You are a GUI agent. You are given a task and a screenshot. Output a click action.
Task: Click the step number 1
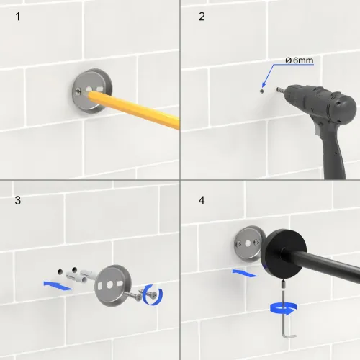[18, 17]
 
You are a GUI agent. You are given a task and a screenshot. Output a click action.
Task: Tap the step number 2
[202, 17]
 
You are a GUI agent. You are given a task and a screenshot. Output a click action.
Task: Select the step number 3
[18, 200]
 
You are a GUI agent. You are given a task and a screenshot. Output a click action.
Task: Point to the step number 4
[202, 200]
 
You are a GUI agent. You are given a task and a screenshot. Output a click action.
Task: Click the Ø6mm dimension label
[300, 60]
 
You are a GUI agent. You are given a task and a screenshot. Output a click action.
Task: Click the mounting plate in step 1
[92, 91]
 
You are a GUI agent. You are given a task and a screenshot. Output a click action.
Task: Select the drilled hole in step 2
[262, 91]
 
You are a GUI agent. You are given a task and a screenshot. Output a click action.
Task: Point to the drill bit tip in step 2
[277, 89]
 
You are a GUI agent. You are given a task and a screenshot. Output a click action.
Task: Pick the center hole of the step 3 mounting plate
[109, 285]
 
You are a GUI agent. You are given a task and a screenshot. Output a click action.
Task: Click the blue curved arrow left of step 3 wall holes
[58, 286]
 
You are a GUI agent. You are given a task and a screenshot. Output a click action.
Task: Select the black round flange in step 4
[286, 254]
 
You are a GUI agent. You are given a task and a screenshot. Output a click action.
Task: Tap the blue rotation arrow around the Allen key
[284, 308]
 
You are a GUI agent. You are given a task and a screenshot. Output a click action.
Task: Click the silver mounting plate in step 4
[248, 243]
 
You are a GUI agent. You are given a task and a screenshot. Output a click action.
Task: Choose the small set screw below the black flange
[284, 285]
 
